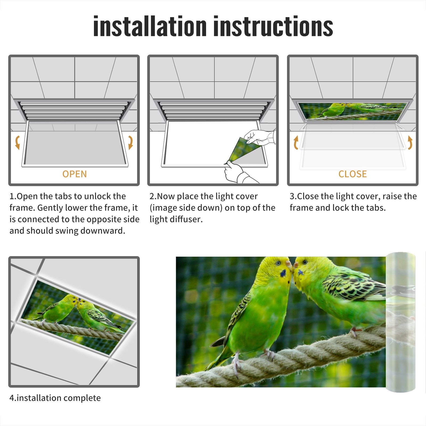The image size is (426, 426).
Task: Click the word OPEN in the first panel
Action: pyautogui.click(x=75, y=174)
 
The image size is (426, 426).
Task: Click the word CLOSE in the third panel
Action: pyautogui.click(x=353, y=174)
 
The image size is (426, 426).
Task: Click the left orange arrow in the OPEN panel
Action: pyautogui.click(x=17, y=142)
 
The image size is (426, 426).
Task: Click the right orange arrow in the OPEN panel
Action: pyautogui.click(x=130, y=142)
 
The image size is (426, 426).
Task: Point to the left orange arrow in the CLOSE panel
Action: pyautogui.click(x=296, y=142)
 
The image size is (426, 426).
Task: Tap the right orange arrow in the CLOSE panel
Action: pyautogui.click(x=410, y=142)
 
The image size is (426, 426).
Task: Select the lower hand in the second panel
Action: pyautogui.click(x=238, y=173)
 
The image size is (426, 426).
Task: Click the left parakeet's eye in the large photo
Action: pyautogui.click(x=278, y=263)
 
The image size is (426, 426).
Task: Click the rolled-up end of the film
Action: pyautogui.click(x=400, y=322)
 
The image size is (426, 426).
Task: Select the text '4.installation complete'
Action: pyautogui.click(x=55, y=398)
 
